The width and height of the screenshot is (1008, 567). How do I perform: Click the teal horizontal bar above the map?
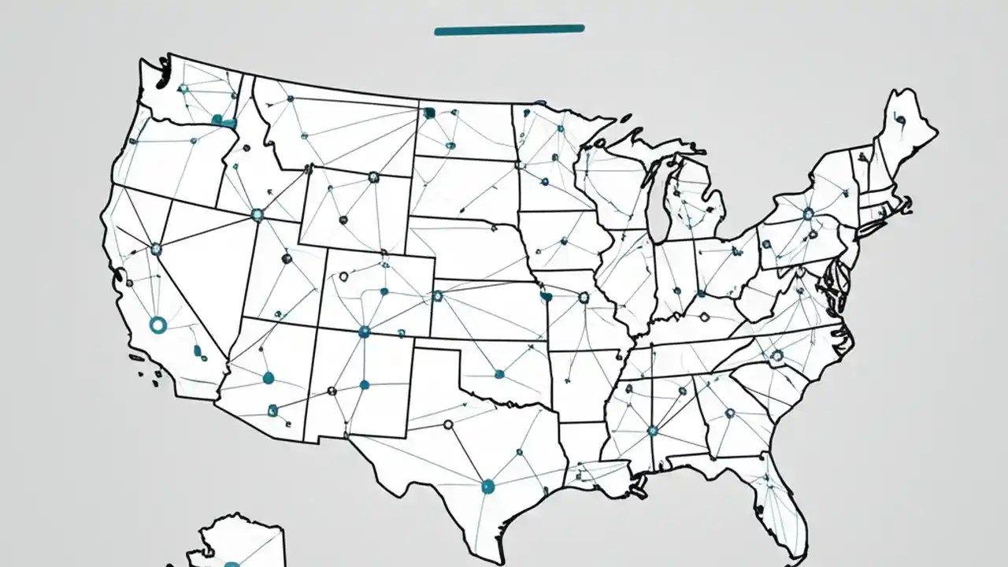509,30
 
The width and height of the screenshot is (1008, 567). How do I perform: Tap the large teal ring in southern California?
157,324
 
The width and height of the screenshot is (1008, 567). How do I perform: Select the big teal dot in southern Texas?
487,486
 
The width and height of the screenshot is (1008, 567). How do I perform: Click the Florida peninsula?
780,504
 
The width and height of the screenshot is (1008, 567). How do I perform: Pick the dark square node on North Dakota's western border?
429,113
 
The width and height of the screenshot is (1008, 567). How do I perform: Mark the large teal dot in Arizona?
268,378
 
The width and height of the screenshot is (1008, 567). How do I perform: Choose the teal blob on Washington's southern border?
224,121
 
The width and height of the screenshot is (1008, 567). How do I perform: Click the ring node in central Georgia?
729,412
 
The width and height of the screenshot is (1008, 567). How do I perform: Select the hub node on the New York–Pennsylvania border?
808,213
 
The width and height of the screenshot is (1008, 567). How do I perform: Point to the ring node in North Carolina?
776,356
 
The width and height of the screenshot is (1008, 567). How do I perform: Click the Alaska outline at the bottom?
236,543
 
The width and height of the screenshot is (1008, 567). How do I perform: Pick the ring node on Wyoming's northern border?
373,177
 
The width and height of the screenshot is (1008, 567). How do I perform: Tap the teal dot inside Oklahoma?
498,372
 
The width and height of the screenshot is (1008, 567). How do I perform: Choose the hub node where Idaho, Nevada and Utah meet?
256,213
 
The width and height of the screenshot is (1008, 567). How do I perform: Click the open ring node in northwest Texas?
448,424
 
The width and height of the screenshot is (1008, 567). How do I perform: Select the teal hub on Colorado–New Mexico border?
364,332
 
